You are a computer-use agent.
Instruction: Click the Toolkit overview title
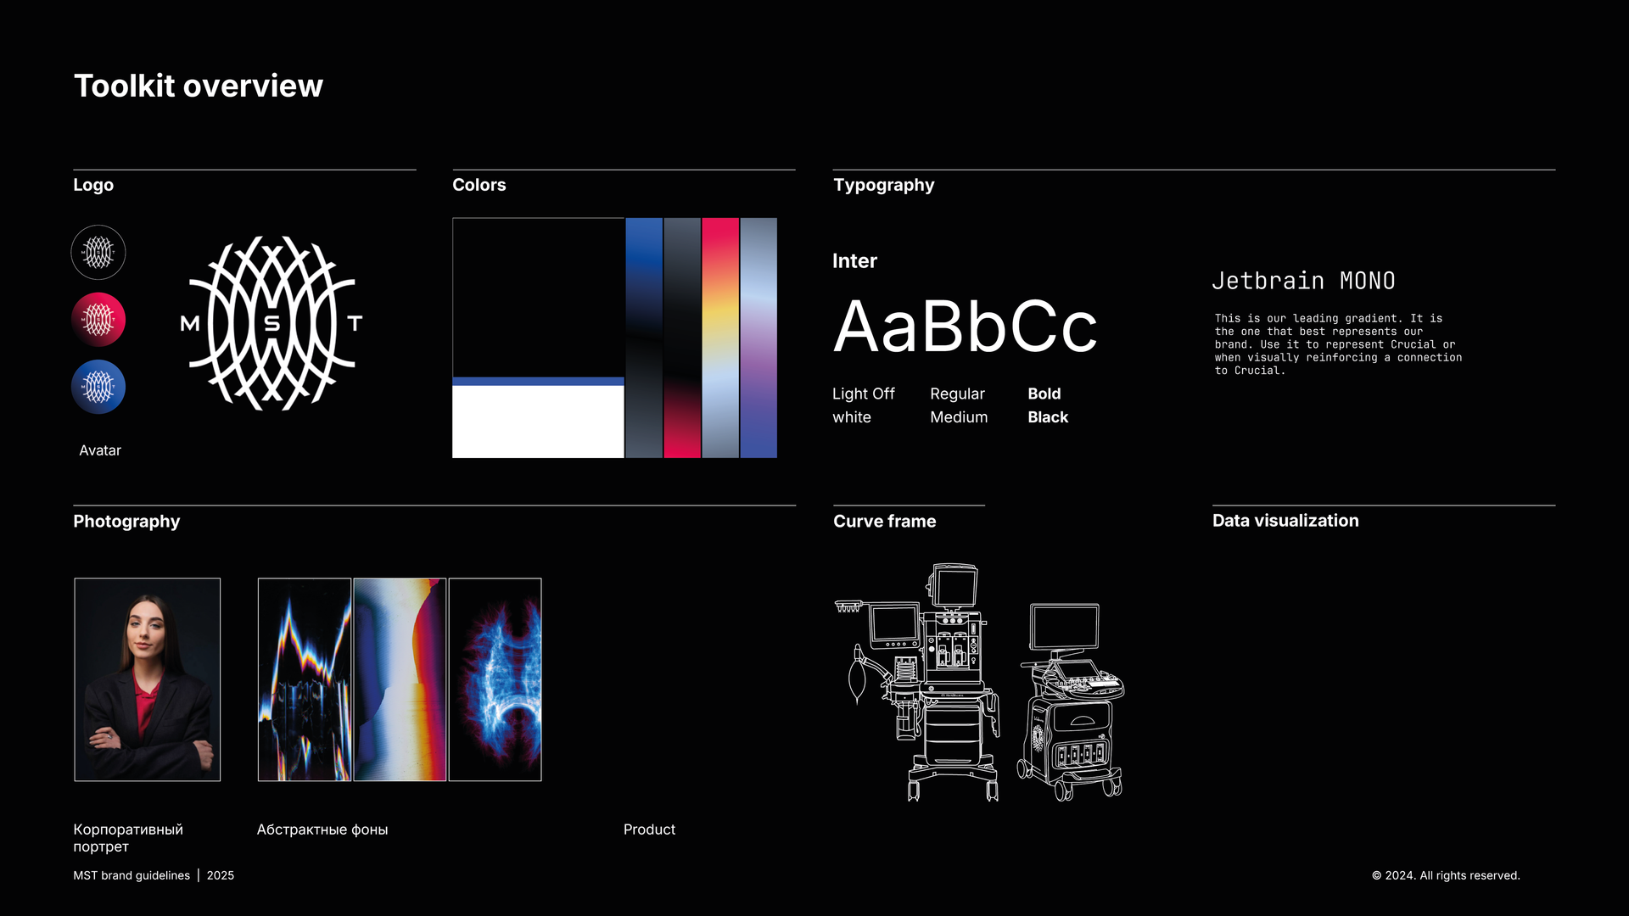click(x=199, y=86)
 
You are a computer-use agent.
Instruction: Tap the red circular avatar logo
click(x=98, y=320)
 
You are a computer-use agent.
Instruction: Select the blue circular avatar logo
click(x=98, y=387)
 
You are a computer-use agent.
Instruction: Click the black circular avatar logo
click(x=98, y=253)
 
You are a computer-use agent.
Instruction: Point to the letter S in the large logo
click(x=272, y=323)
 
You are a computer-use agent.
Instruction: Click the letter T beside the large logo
click(x=355, y=323)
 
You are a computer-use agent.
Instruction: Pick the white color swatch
click(x=538, y=422)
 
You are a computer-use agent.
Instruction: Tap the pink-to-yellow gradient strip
click(x=720, y=338)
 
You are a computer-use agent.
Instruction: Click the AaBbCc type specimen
click(x=966, y=327)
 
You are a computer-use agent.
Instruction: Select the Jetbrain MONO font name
click(x=1303, y=281)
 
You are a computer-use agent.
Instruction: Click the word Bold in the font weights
click(x=1044, y=394)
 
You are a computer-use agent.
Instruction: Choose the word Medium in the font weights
click(x=959, y=417)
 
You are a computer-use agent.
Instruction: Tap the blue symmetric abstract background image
click(x=495, y=679)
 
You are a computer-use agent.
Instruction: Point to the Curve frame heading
click(x=885, y=522)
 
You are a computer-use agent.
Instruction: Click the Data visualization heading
click(x=1285, y=521)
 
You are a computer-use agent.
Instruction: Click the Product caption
click(x=649, y=829)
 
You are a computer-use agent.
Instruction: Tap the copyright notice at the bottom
click(x=1446, y=875)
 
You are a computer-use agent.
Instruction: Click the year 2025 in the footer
click(x=221, y=875)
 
